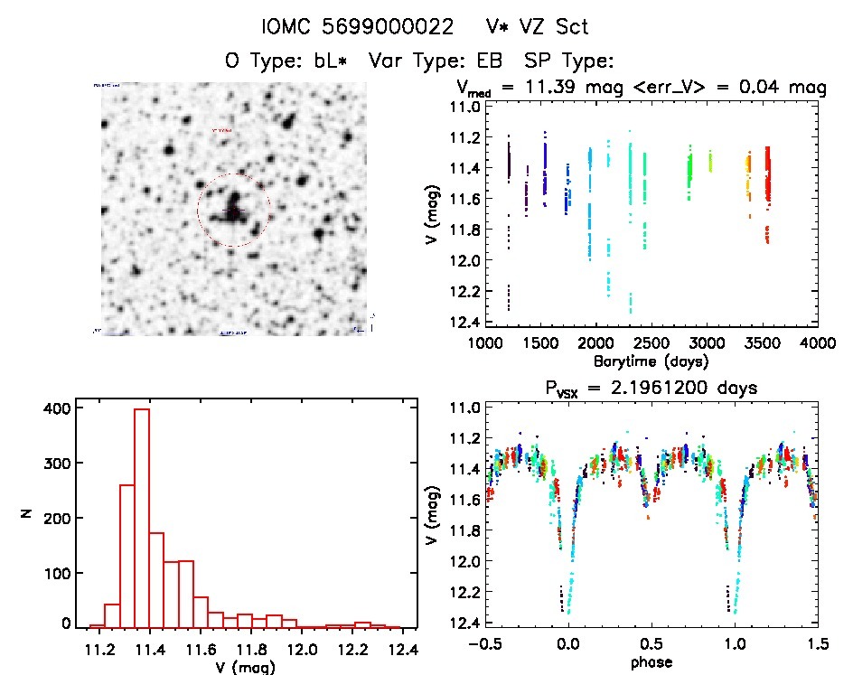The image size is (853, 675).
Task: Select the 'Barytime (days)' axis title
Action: pyautogui.click(x=651, y=361)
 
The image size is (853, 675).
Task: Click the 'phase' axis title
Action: pyautogui.click(x=651, y=662)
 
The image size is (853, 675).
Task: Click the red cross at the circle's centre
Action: pyautogui.click(x=232, y=211)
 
